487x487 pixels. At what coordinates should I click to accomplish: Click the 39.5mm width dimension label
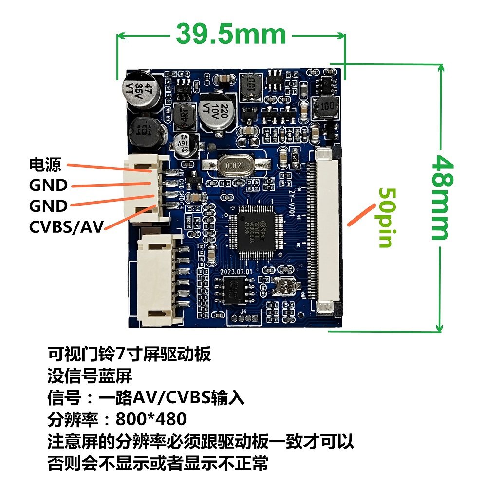coord(231,35)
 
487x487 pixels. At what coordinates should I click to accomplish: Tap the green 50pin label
coord(386,217)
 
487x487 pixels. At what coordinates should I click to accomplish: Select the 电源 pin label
coord(45,165)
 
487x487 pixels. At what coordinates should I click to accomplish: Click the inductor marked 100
coord(325,108)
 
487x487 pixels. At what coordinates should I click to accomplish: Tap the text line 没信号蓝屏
coord(90,376)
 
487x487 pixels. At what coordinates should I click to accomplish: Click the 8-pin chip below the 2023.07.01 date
coord(235,291)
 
